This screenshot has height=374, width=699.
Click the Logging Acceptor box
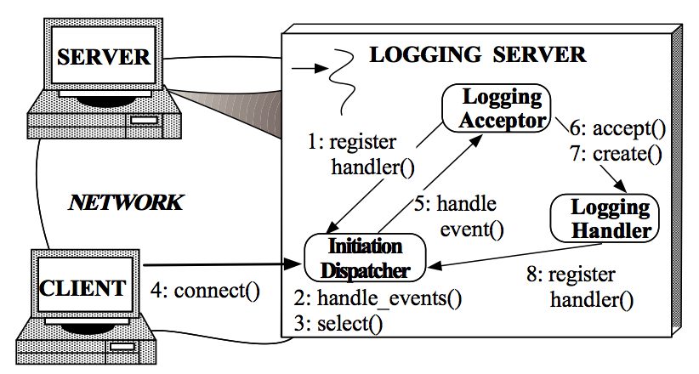[x=496, y=108]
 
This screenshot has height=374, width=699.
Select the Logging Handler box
[x=605, y=218]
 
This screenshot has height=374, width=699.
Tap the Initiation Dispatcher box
[x=365, y=258]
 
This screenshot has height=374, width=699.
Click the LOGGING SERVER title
[x=477, y=54]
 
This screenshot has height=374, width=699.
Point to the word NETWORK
[x=126, y=202]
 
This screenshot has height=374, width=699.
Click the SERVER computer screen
[x=104, y=56]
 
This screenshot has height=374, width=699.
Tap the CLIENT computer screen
[x=84, y=286]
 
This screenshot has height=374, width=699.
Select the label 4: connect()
[x=205, y=291]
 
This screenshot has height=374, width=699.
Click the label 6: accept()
[x=617, y=128]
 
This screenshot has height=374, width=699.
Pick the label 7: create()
[x=616, y=154]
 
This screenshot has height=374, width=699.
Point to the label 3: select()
[x=338, y=324]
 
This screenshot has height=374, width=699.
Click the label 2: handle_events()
[x=378, y=298]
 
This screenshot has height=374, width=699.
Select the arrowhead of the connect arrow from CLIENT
[x=293, y=264]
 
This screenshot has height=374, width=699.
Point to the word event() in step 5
[x=472, y=229]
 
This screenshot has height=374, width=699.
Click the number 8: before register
[x=535, y=275]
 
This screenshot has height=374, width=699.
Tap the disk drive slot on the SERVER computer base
[x=144, y=121]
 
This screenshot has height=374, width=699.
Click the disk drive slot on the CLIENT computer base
[x=122, y=347]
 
